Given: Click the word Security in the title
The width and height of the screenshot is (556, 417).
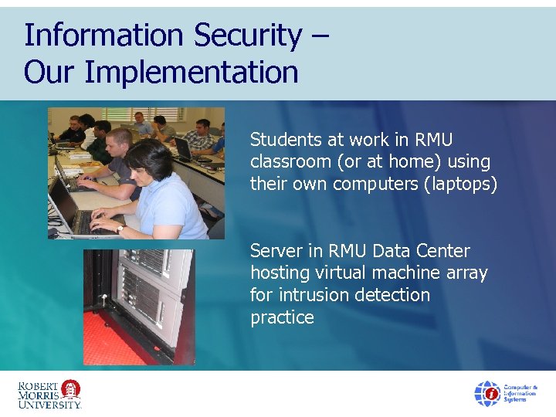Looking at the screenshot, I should pos(249,36).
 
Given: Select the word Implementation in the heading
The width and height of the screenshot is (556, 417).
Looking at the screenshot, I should pos(192,73).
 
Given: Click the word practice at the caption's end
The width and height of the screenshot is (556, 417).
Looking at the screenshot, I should pos(282,317).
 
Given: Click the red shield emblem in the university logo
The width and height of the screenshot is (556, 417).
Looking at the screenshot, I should pos(71,388).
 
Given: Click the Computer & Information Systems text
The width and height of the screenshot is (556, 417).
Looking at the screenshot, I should pos(520,393).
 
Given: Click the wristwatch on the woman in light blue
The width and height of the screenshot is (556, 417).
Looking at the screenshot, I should pos(120,229).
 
